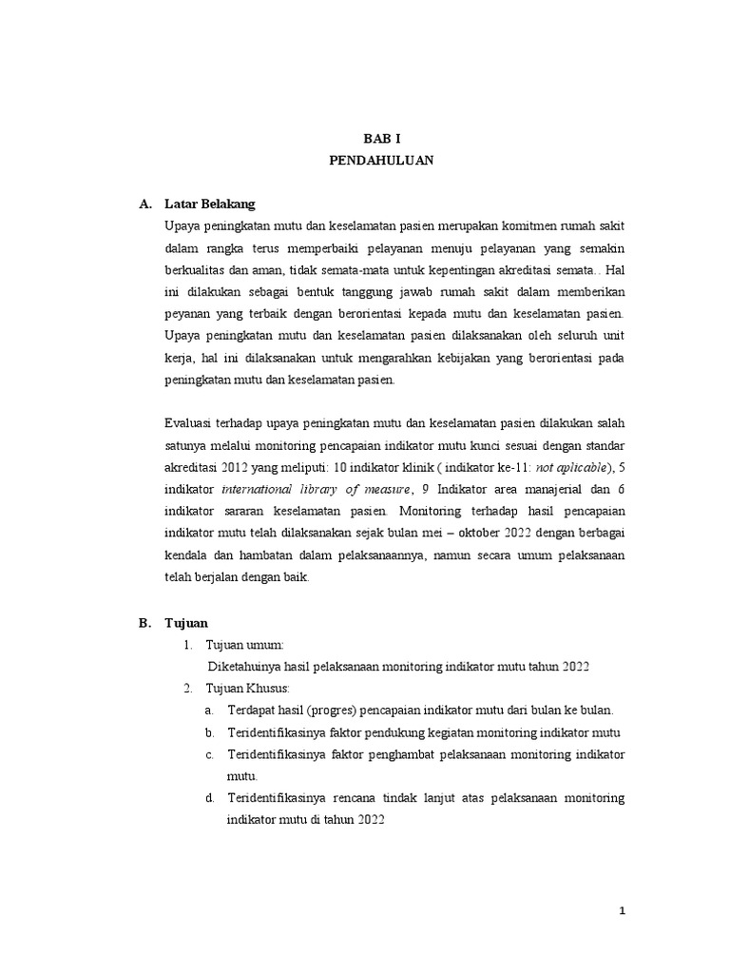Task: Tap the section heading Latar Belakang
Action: (209, 204)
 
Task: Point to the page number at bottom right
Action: (622, 911)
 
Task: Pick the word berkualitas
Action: (195, 268)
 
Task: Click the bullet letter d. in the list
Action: (209, 797)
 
